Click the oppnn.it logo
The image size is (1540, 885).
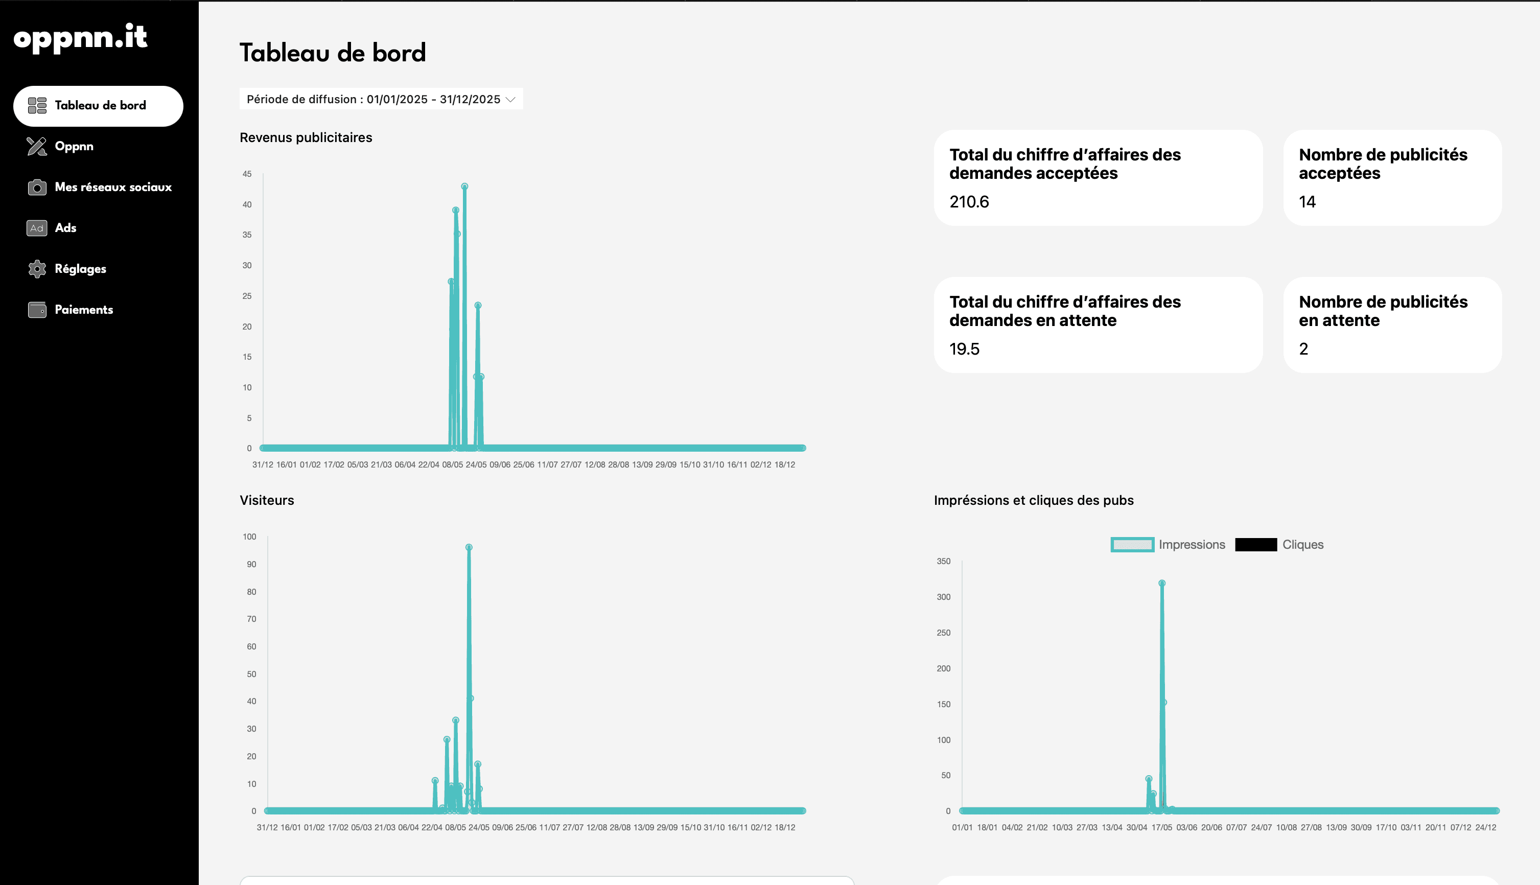(80, 38)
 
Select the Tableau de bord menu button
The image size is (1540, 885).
(99, 106)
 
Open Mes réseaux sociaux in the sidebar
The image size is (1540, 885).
(113, 187)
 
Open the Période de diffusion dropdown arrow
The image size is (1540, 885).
(510, 100)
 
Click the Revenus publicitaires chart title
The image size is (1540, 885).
(306, 137)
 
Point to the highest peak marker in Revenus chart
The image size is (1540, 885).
(464, 187)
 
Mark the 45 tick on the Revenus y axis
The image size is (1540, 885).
(247, 174)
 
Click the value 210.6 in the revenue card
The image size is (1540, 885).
(969, 202)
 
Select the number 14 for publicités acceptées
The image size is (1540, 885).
(1307, 202)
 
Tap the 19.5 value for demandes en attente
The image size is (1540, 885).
(965, 349)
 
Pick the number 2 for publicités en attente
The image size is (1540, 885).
(1303, 349)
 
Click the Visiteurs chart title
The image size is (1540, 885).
(267, 500)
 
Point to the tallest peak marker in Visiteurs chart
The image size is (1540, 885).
(469, 548)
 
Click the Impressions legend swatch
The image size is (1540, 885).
(1132, 545)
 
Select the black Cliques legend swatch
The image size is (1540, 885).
(1255, 545)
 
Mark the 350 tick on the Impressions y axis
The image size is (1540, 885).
(943, 561)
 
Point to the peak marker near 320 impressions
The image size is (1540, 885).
(1162, 583)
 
